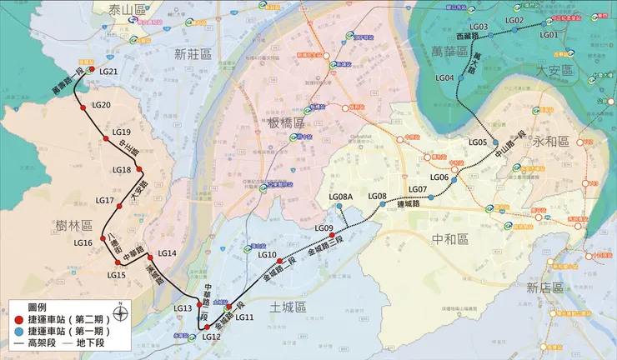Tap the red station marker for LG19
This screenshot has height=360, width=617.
point(107,140)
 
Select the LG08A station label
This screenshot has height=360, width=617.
point(342,197)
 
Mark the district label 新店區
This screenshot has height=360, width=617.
point(545,287)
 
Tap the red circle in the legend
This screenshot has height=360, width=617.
point(18,318)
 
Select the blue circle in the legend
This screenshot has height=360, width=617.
point(18,331)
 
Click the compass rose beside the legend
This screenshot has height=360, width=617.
point(122,314)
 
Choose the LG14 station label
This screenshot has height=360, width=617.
point(168,253)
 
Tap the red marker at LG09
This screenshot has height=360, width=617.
point(332,236)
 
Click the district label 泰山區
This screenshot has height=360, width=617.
point(127,9)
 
